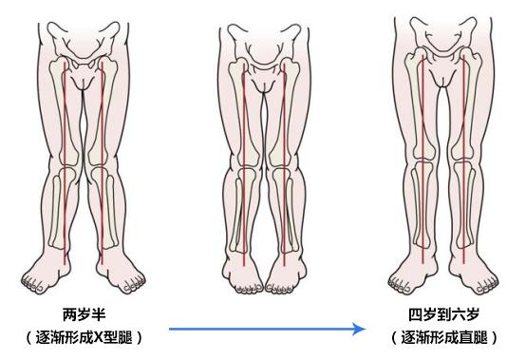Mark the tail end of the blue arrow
tap(170, 329)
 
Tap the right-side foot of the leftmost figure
tap(123, 275)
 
